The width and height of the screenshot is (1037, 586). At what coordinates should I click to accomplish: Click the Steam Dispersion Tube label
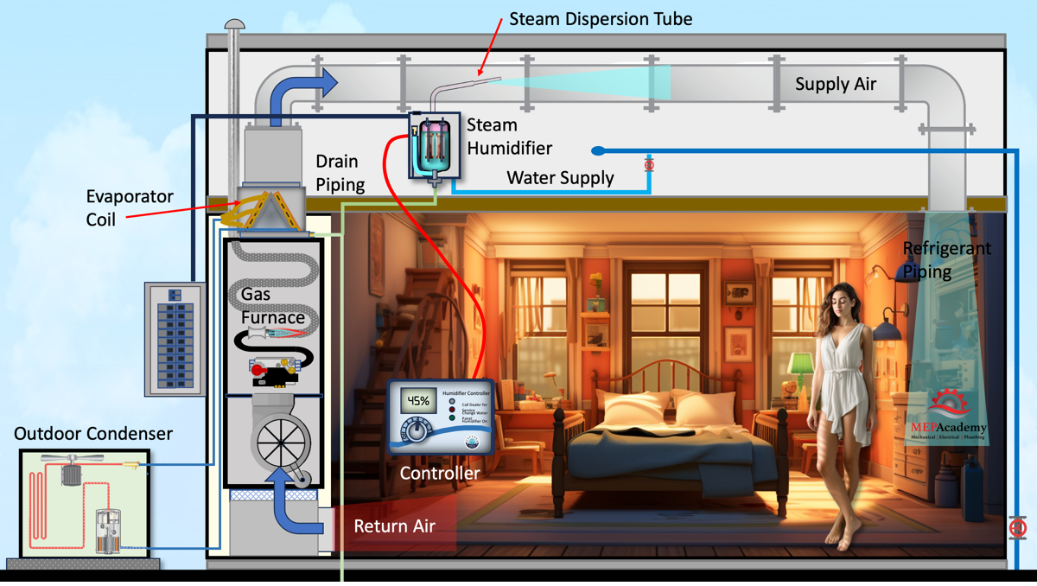600,18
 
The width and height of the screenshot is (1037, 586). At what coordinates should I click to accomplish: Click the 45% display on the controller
418,401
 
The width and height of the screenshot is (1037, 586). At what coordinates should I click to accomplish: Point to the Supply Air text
836,84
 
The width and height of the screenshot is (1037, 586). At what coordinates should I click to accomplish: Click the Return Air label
394,525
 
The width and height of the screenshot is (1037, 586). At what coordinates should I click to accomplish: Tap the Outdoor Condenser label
93,433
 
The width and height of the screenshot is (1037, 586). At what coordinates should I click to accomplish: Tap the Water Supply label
560,178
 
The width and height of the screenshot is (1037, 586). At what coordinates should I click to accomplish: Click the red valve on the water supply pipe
649,164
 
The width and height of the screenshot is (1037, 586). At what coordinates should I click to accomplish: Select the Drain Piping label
340,173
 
